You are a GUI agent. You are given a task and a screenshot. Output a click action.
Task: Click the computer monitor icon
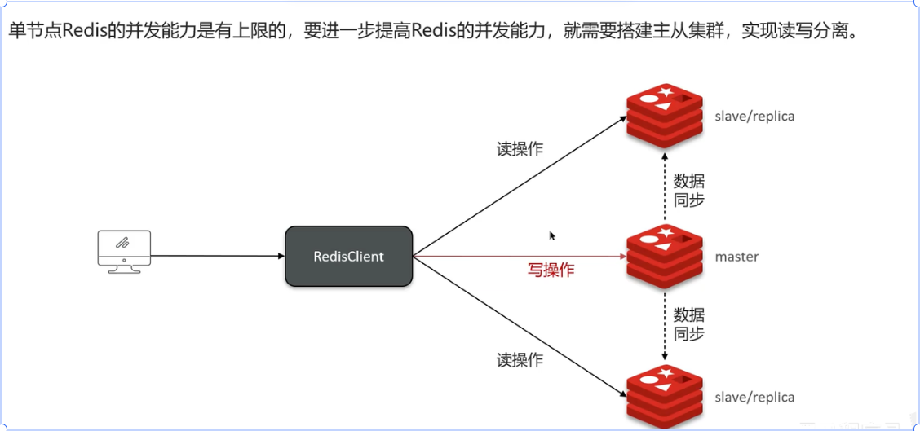(x=124, y=251)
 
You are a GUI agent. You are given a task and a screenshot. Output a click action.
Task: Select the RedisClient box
(x=348, y=257)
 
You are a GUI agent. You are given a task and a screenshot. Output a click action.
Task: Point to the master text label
(x=736, y=257)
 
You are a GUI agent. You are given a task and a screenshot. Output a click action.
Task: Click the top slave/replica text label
(x=754, y=117)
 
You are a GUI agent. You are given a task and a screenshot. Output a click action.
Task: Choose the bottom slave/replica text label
(x=754, y=398)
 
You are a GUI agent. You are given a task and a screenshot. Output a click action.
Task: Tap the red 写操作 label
(x=550, y=270)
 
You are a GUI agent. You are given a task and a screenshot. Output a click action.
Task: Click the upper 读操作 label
(x=520, y=150)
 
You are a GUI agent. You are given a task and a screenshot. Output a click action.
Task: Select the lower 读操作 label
(x=520, y=359)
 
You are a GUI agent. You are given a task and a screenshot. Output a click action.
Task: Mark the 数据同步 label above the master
(x=688, y=190)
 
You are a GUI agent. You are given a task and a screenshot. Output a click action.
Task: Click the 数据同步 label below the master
(x=688, y=323)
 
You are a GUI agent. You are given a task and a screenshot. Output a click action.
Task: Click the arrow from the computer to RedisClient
(x=218, y=256)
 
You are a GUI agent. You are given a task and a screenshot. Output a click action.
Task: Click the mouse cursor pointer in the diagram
(x=552, y=235)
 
